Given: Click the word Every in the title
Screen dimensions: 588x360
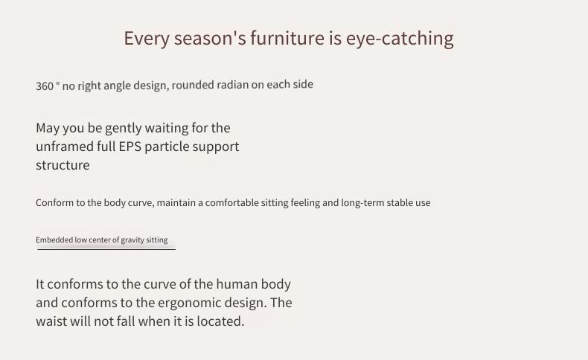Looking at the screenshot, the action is [147, 39].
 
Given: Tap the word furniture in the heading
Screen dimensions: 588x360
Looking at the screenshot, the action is [287, 38].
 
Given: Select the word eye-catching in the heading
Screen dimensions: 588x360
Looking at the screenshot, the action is [400, 39].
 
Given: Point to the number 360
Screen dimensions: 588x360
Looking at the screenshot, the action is [45, 86].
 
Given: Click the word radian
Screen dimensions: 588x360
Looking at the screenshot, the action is [233, 85].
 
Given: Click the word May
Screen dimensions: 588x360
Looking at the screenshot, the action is [48, 129].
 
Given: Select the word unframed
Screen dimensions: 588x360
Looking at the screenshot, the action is [65, 147].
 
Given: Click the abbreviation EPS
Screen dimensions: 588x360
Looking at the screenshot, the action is [130, 147].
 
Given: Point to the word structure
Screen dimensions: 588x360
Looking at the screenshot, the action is [63, 165].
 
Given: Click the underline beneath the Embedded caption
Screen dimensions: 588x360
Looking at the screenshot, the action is [106, 249].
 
